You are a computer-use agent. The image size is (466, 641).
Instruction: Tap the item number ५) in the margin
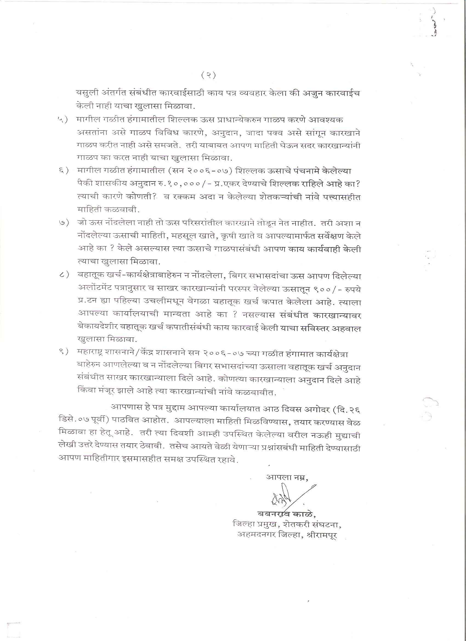(63, 120)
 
